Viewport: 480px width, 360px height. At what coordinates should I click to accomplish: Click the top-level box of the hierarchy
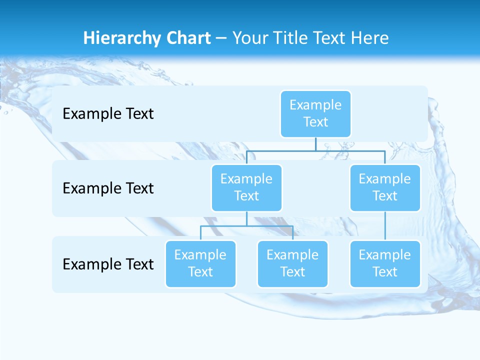tap(315, 114)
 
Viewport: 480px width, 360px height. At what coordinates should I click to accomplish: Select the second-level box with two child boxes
tap(246, 188)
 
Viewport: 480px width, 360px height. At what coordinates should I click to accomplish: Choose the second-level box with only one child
tap(385, 188)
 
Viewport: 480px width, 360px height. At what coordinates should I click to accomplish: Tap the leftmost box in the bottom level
tap(200, 264)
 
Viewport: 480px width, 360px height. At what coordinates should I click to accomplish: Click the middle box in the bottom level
tap(292, 264)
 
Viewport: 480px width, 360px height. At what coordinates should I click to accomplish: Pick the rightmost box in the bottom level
tap(385, 264)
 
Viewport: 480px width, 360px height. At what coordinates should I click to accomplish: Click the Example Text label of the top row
tap(108, 114)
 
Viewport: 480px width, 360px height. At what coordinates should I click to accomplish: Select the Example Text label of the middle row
tap(108, 188)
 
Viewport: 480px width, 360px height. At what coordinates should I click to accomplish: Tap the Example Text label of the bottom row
tap(108, 264)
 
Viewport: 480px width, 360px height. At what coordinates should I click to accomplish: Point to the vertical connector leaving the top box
tap(315, 144)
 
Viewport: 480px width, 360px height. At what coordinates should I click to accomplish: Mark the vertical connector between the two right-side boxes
tap(385, 226)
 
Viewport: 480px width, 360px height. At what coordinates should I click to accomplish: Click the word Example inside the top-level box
tap(315, 105)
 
